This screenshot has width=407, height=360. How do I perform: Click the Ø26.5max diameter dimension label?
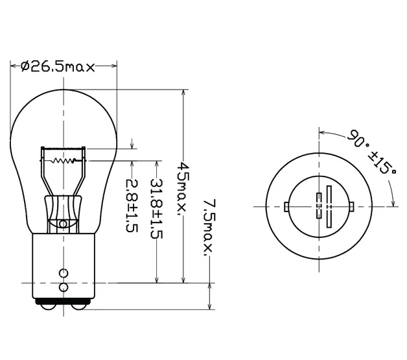[x=58, y=67]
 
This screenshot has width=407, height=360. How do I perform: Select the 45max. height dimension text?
[x=184, y=189]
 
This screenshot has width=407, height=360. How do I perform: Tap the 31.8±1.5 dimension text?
[x=157, y=209]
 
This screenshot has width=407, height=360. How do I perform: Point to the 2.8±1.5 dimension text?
[x=132, y=205]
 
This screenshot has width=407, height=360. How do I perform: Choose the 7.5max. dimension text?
[x=209, y=228]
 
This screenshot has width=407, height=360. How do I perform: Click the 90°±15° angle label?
[x=372, y=152]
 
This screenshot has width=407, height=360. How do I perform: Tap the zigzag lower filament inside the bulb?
[x=64, y=161]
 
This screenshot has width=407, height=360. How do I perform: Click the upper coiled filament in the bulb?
[x=64, y=149]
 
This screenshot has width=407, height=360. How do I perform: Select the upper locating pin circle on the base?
[x=64, y=273]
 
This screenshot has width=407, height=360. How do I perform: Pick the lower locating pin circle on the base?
[x=64, y=287]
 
